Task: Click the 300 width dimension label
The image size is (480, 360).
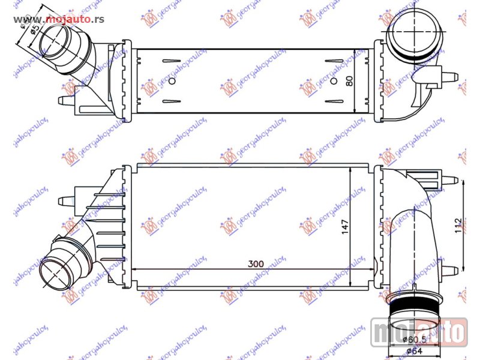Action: pos(254,263)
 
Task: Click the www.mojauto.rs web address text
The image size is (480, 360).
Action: pos(59,19)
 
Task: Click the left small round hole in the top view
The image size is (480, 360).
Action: pos(173,81)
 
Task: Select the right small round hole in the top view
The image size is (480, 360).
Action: pos(336,81)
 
